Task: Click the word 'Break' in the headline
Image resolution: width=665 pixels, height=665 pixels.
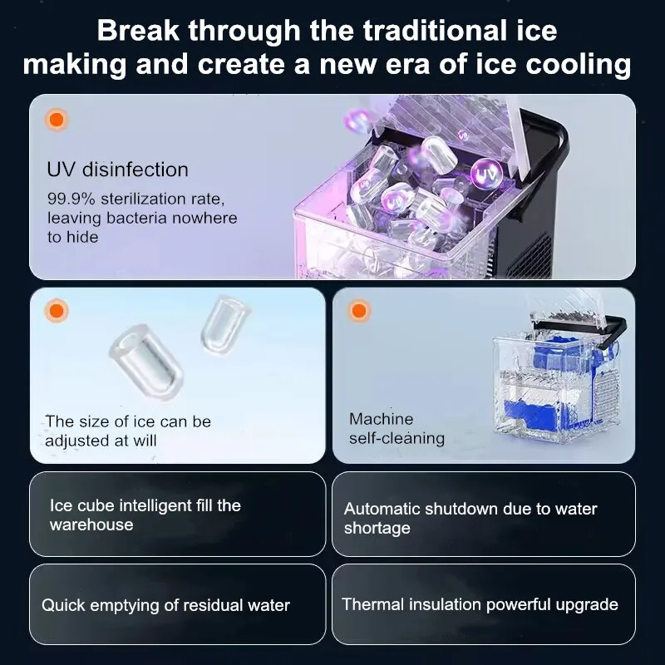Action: (x=138, y=30)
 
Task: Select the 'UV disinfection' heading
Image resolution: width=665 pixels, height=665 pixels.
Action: (x=117, y=170)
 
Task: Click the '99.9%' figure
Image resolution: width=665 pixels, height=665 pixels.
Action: (x=71, y=199)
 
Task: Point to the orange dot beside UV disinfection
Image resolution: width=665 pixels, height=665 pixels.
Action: (x=57, y=120)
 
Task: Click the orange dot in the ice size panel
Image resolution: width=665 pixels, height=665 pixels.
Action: (x=57, y=310)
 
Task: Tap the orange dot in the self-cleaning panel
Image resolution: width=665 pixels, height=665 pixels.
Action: (x=359, y=310)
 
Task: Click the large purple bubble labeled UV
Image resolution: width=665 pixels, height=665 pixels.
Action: (x=486, y=173)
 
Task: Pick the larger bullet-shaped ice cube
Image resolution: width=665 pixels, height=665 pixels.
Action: (x=146, y=362)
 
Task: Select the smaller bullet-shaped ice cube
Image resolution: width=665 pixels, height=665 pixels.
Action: (x=224, y=324)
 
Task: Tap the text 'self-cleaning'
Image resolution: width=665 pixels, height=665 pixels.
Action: (x=397, y=438)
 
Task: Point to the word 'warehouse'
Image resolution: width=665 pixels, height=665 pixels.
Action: (x=91, y=525)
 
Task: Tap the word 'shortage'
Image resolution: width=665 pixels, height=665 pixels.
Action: (x=377, y=529)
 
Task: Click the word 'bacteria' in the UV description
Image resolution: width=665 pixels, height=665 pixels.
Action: (x=136, y=218)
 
